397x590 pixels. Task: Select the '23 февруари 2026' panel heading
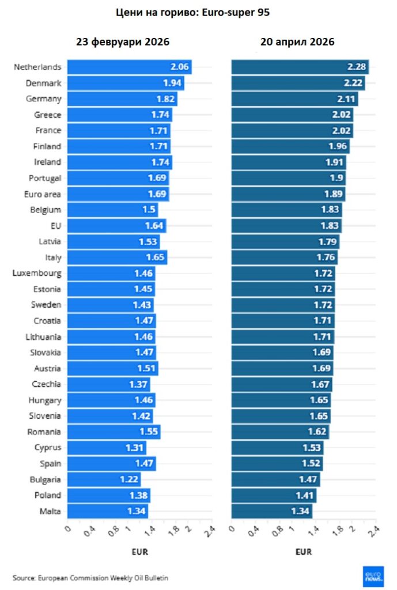123,42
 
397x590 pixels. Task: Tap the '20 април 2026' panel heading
297,42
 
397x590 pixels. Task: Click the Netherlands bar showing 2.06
130,67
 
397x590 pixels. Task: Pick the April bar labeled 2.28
300,67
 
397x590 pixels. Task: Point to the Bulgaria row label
46,479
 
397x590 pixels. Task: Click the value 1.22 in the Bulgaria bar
128,479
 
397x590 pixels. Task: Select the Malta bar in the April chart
271,511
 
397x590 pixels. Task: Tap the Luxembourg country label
37,273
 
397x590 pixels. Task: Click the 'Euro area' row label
45,194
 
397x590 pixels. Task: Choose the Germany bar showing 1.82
122,99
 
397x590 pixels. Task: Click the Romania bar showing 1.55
114,432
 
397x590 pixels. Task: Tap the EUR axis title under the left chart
139,552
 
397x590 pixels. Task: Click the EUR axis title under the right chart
304,552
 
